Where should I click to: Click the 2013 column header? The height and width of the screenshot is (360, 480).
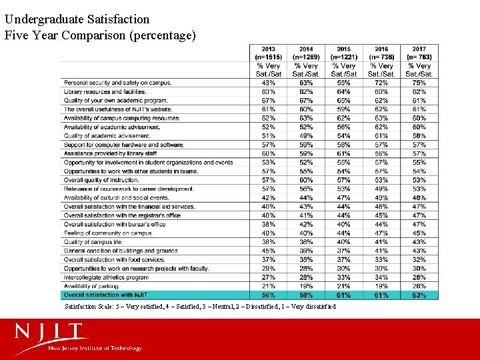pos(269,53)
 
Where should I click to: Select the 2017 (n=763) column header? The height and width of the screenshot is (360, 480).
pos(419,53)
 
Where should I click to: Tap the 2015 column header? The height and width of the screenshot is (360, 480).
pos(344,53)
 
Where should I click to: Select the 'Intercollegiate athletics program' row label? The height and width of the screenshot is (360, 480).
pos(106,277)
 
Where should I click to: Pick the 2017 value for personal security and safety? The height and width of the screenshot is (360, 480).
pos(419,83)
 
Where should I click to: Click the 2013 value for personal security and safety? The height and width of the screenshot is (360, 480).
pos(269,83)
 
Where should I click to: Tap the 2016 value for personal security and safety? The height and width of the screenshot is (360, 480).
pos(381,83)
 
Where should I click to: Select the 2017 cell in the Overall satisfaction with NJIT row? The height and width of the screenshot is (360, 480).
pos(419,295)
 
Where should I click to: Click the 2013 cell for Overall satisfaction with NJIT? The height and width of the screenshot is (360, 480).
pos(269,295)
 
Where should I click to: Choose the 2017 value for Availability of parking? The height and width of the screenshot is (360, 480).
pos(419,286)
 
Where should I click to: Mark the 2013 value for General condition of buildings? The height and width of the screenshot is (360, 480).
pos(269,251)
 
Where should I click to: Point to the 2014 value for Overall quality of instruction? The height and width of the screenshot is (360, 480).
pos(306,180)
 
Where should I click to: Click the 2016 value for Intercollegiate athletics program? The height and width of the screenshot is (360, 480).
pos(381,277)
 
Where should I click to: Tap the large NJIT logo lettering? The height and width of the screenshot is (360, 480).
pos(52,331)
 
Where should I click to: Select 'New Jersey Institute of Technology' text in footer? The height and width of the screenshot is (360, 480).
pos(95,348)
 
